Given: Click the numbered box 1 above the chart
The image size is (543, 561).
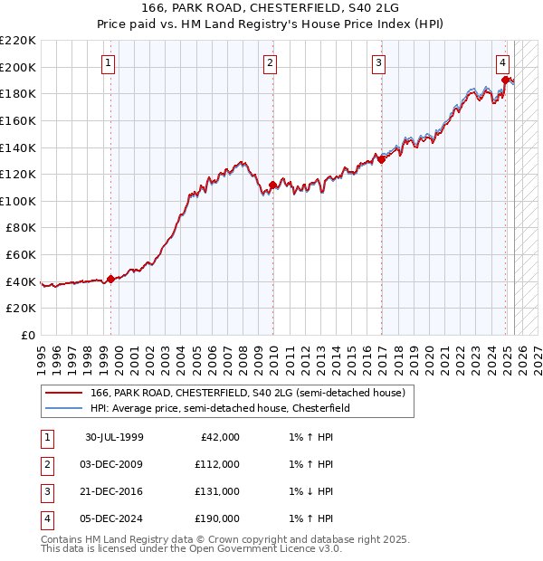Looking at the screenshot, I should [108, 62].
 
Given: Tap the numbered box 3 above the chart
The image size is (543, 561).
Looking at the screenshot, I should [377, 62].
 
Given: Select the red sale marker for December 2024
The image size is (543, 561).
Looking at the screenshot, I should [505, 80].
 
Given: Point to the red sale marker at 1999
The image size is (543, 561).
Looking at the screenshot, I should [111, 279].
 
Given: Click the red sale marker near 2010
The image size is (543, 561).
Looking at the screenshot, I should [273, 185].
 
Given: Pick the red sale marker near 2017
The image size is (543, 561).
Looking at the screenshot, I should [382, 159].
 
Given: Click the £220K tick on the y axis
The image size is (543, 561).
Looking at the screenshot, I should [18, 41].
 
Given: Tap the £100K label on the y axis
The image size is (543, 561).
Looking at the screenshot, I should [18, 201].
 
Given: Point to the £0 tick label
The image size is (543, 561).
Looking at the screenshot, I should [28, 335].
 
